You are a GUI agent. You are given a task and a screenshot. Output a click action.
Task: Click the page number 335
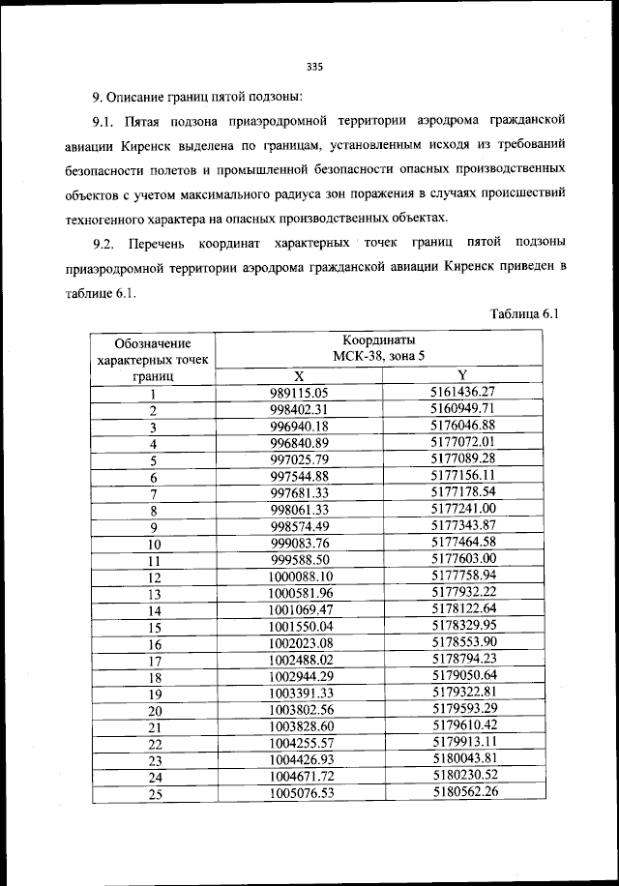312,67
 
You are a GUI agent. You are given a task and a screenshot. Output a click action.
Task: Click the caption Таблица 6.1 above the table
525,314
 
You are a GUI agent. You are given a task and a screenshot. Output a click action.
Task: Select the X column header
298,375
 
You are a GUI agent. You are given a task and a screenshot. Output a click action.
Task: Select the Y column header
462,375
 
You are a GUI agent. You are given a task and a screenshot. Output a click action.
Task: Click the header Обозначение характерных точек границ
152,359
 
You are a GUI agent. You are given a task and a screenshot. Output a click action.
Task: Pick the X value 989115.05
300,393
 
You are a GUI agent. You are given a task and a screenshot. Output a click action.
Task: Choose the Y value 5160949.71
463,409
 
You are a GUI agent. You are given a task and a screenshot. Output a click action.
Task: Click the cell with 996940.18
300,427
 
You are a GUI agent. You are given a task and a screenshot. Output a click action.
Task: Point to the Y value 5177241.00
463,509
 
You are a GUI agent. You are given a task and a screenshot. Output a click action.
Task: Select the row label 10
153,544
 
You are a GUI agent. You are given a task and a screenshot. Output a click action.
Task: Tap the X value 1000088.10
300,576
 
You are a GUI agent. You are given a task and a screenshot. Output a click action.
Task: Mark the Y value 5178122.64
463,608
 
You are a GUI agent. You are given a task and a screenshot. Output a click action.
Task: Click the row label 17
153,661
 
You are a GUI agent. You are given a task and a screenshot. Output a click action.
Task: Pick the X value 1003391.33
300,693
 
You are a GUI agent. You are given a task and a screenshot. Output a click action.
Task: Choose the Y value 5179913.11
463,742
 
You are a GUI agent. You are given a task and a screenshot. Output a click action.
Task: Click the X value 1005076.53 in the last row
300,793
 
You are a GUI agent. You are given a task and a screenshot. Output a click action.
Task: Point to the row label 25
153,794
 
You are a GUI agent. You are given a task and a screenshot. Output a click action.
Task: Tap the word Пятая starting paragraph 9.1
145,120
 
